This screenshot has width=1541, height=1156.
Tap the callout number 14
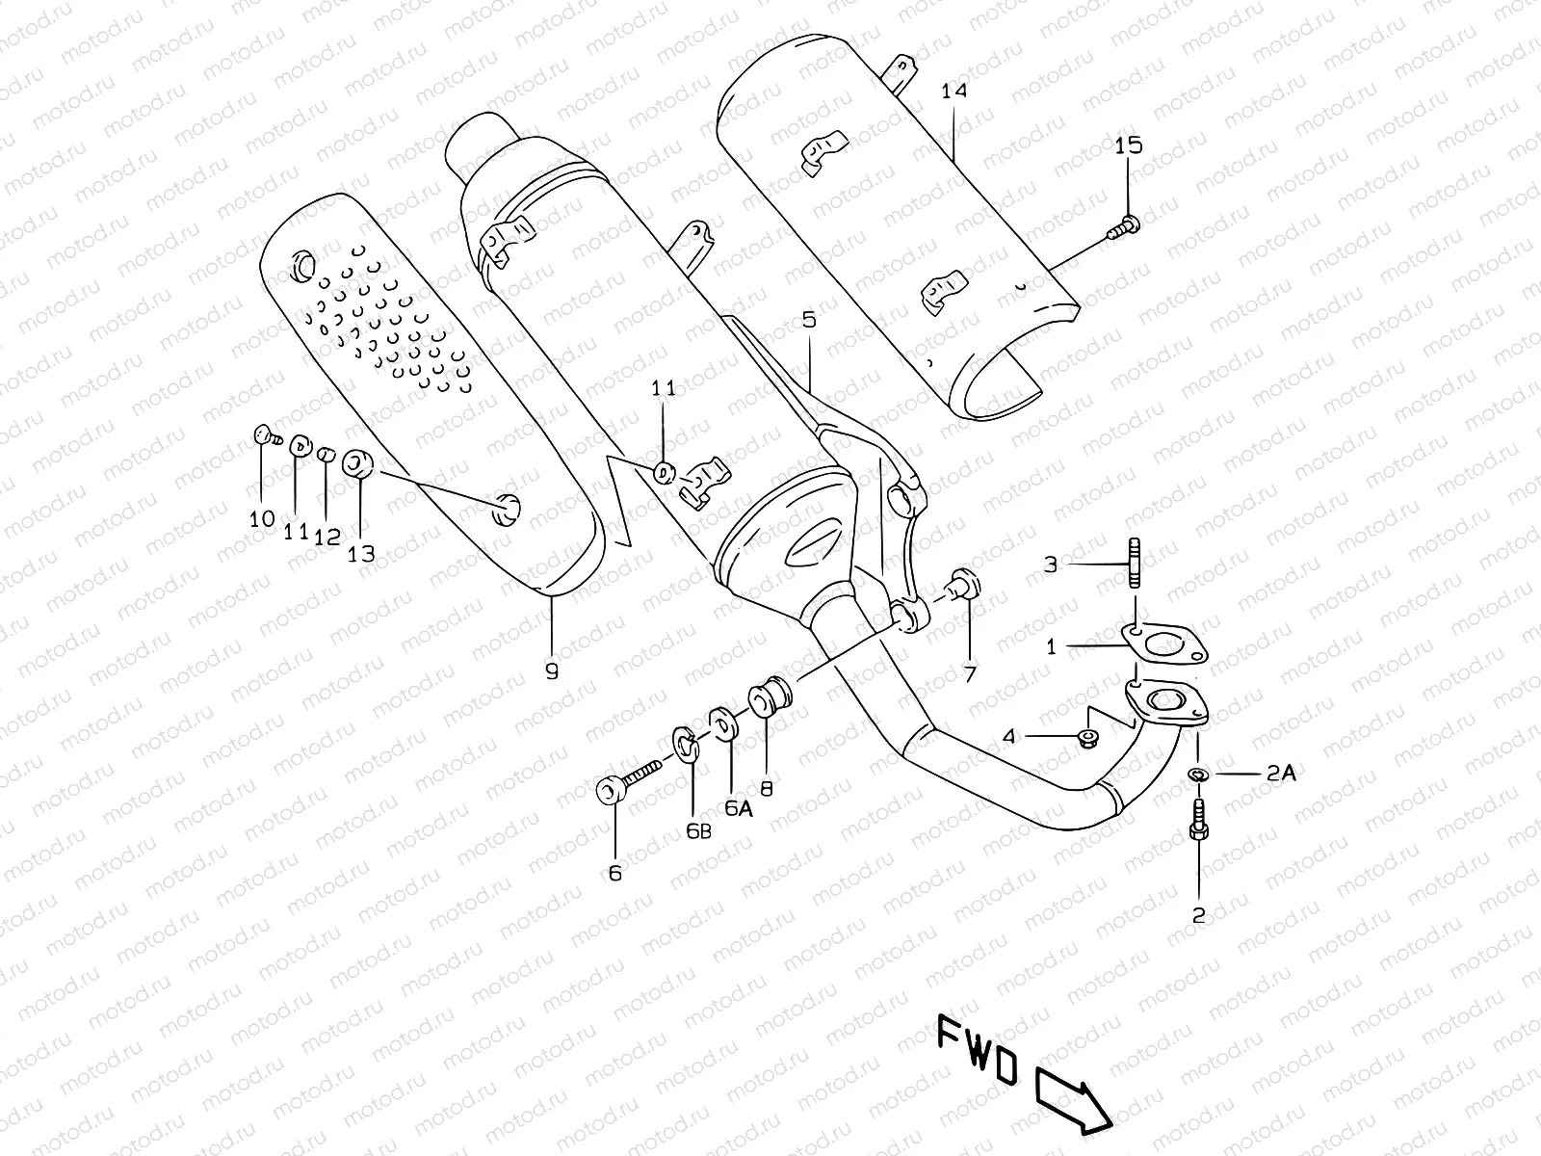tap(953, 92)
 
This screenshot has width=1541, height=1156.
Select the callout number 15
tap(1128, 145)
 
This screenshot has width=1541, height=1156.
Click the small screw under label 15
tap(1126, 227)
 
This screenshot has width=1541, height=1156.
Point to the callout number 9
tap(552, 671)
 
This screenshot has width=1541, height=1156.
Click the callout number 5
tap(808, 319)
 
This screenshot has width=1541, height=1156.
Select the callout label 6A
tap(738, 807)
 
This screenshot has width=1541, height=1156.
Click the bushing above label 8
tap(770, 697)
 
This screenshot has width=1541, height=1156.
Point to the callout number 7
tap(970, 673)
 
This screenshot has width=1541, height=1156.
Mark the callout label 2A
tap(1282, 773)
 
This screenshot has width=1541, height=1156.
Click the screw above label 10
tap(264, 437)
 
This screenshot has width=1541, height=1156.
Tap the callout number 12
tap(328, 537)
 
